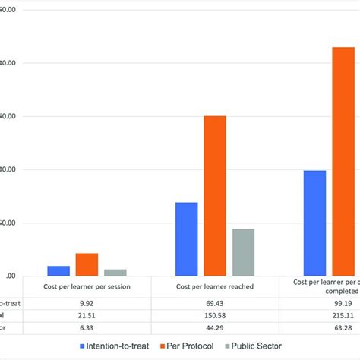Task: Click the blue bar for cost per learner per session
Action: tap(58, 271)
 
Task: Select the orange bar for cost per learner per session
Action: tap(87, 264)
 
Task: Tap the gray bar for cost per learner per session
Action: tap(115, 273)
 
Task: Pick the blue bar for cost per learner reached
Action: tap(186, 239)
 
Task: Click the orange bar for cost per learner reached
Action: tap(215, 196)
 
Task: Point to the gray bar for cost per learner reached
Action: tap(243, 252)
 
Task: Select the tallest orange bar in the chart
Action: tap(343, 162)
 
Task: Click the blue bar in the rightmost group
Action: tap(314, 223)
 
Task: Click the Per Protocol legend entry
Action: tap(187, 346)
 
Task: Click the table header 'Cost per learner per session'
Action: tap(87, 286)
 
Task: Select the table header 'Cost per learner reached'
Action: tap(215, 286)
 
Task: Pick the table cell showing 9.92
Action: tap(87, 302)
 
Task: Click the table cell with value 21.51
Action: tap(87, 315)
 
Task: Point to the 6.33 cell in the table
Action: tap(87, 328)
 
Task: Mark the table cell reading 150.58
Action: tap(215, 315)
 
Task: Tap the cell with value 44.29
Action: tap(215, 328)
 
